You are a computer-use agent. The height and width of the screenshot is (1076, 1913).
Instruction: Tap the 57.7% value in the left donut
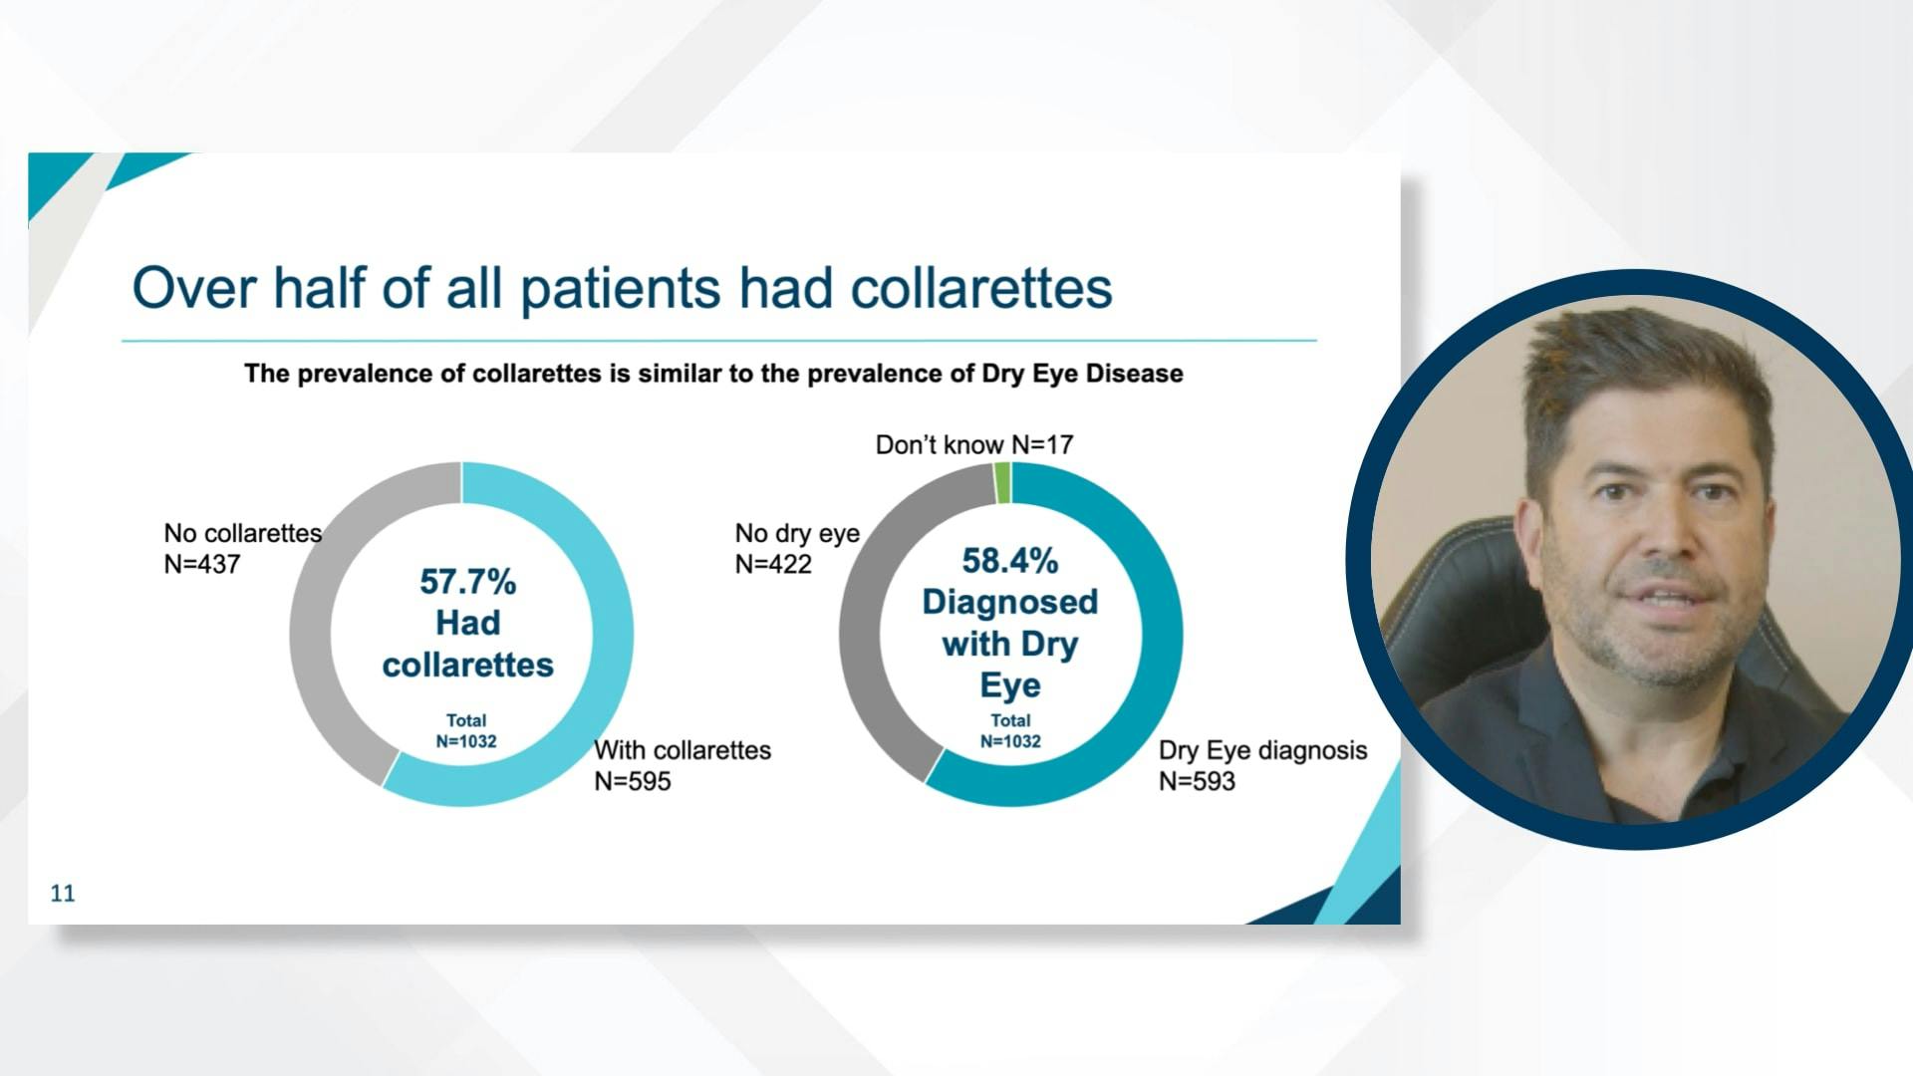(467, 582)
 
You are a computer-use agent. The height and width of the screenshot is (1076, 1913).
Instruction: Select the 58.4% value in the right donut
(1009, 561)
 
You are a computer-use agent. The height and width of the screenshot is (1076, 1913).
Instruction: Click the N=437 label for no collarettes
(202, 564)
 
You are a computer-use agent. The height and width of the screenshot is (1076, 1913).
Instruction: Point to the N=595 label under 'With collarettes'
(633, 781)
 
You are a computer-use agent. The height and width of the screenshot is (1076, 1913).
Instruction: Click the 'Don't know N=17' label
(973, 444)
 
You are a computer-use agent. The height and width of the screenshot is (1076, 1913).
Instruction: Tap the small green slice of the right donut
(1002, 483)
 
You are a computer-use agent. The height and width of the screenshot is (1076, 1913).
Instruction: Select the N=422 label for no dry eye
(773, 564)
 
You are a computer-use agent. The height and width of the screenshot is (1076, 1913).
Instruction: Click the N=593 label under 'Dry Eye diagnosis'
(1197, 781)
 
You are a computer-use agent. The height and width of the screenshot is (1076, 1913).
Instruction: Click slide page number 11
(63, 894)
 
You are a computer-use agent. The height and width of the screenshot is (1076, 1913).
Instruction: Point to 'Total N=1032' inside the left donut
(466, 731)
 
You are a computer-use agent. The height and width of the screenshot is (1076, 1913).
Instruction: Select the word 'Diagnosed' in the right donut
(1009, 603)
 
